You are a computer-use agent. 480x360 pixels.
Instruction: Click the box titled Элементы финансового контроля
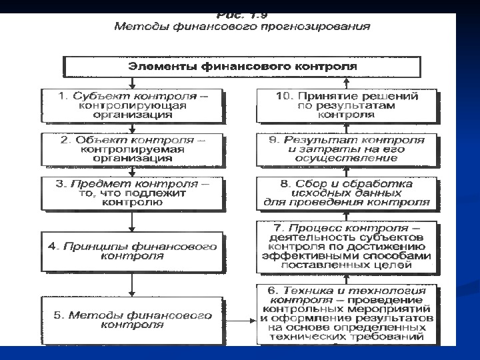click(x=241, y=67)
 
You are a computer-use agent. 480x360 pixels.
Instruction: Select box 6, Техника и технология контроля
click(x=347, y=314)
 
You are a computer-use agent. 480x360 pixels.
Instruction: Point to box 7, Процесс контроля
click(x=347, y=245)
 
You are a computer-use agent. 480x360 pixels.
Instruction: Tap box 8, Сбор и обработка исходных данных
click(x=347, y=193)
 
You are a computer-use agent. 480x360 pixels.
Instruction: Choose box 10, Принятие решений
click(x=347, y=105)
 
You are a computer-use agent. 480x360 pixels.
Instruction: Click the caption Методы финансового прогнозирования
click(x=242, y=27)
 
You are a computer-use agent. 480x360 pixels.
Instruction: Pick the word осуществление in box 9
click(x=347, y=159)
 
